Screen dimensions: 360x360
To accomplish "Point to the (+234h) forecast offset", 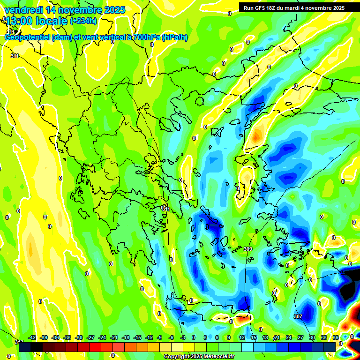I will (x=83, y=21).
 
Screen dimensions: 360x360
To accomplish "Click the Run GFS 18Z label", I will (x=260, y=8).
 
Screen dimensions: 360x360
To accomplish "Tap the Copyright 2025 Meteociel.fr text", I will (x=199, y=357).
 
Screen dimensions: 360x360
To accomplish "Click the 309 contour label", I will (x=248, y=249).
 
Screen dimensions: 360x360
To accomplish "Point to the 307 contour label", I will (x=298, y=316).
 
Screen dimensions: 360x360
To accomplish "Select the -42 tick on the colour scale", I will (x=32, y=337).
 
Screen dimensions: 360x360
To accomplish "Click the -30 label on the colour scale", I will (x=79, y=337).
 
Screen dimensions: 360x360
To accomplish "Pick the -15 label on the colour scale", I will (x=137, y=337).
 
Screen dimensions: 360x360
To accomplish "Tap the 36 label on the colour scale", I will (x=336, y=337).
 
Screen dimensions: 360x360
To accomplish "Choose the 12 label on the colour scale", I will (x=242, y=337).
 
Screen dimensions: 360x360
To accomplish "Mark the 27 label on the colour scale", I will (x=300, y=337).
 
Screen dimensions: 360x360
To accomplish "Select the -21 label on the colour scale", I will (x=114, y=337).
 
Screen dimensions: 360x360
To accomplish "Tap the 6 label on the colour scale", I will (x=217, y=337).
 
